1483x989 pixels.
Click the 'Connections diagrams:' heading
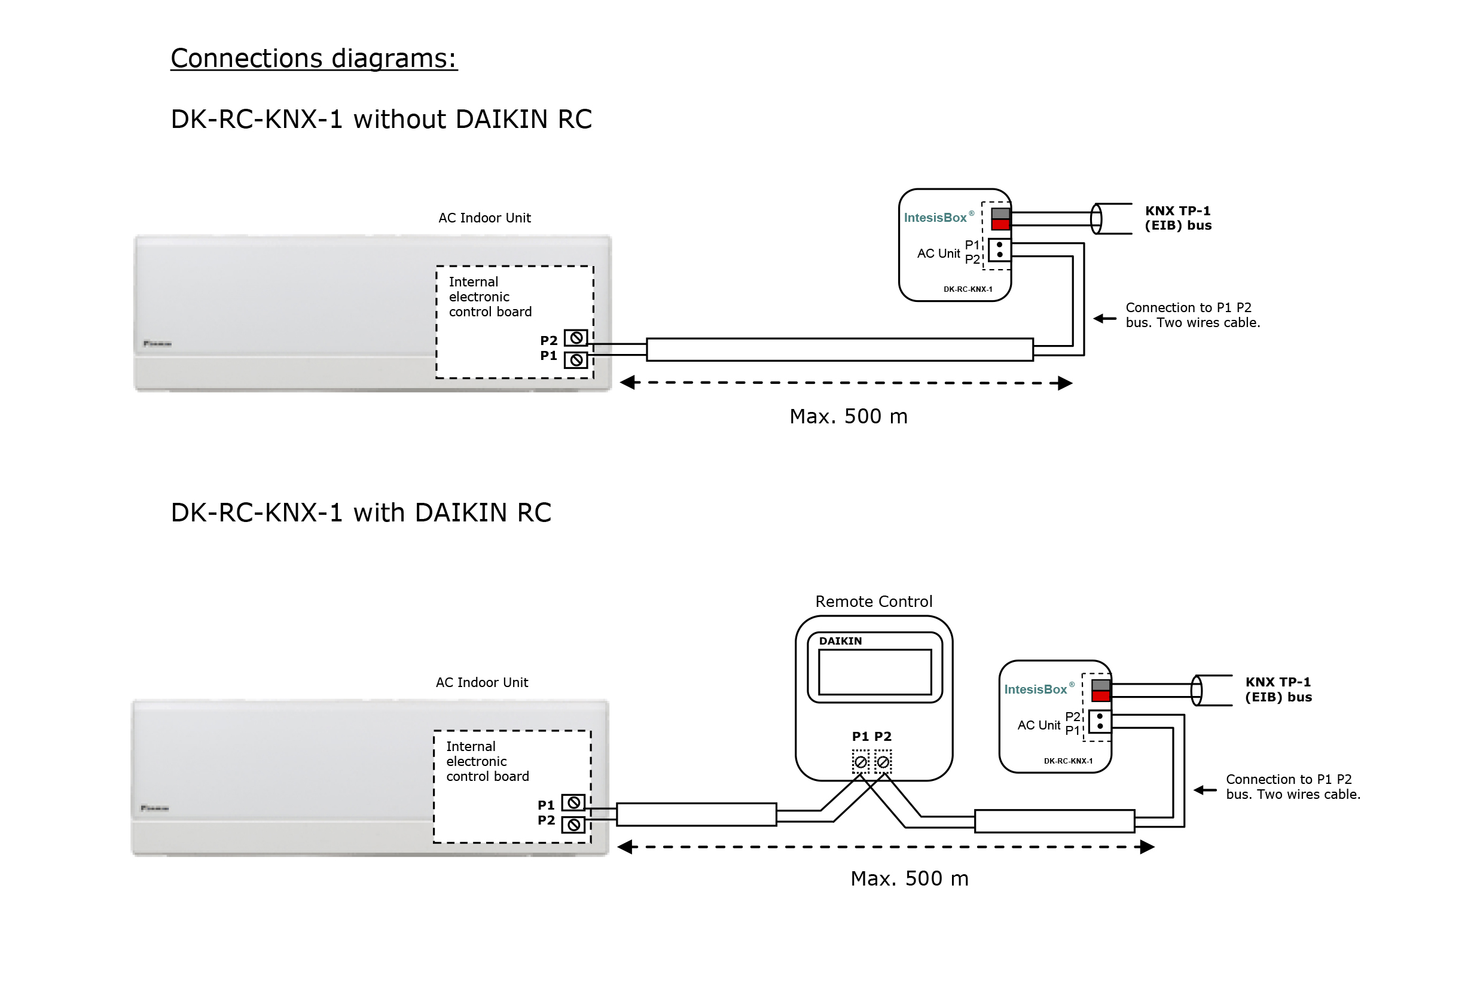[313, 59]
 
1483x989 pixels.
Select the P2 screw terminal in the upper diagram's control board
[575, 338]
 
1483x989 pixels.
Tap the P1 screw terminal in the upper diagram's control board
[575, 360]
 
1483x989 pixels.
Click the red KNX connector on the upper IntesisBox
[1000, 225]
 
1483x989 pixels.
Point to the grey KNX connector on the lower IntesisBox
[1101, 686]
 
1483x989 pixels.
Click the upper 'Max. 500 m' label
[849, 417]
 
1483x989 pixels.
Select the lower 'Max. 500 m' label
[909, 878]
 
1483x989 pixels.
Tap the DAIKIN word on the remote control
[840, 642]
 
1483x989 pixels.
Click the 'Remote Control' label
[874, 602]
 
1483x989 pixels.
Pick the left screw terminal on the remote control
[860, 762]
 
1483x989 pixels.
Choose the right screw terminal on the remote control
[883, 762]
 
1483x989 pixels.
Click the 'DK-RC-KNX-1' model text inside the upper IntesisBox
[968, 289]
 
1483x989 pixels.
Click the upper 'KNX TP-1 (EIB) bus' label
[1177, 218]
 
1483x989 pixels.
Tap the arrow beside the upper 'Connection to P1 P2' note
[1104, 319]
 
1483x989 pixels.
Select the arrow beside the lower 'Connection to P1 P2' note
[1205, 790]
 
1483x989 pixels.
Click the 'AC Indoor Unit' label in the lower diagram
[481, 682]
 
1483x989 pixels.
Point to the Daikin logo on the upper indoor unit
[157, 344]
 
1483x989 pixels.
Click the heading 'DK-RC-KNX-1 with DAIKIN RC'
[361, 513]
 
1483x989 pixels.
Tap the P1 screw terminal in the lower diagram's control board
[573, 803]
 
